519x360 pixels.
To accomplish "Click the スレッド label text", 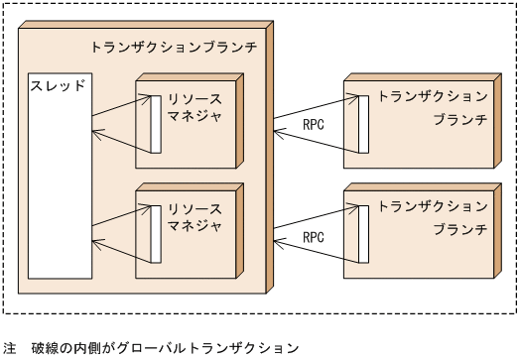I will tap(57, 85).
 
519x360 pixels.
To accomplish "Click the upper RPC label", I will tap(314, 125).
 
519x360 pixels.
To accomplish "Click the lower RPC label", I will tap(314, 238).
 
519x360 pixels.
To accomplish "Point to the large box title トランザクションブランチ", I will tap(174, 47).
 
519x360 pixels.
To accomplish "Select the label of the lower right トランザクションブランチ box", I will tap(433, 219).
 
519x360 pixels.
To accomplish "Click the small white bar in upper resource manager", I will tap(155, 124).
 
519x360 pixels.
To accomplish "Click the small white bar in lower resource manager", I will tap(155, 234).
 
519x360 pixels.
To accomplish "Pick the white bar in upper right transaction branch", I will tap(363, 121).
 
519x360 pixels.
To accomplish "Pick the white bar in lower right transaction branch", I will tap(363, 231).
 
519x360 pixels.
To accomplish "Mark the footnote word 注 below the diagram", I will tap(10, 348).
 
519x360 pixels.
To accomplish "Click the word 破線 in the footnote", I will tap(45, 348).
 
